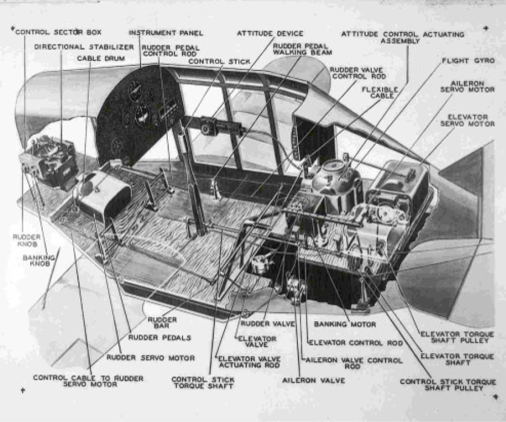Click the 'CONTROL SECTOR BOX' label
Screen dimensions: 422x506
pyautogui.click(x=59, y=32)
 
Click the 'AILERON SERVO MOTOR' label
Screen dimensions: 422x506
pyautogui.click(x=467, y=86)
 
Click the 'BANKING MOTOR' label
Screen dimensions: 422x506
pyautogui.click(x=345, y=325)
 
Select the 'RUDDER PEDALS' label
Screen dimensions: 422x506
pyautogui.click(x=159, y=337)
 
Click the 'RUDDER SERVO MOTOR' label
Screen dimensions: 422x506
pyautogui.click(x=151, y=358)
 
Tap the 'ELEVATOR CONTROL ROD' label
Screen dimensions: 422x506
pyautogui.click(x=355, y=344)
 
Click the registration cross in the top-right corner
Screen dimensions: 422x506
pyautogui.click(x=486, y=27)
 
